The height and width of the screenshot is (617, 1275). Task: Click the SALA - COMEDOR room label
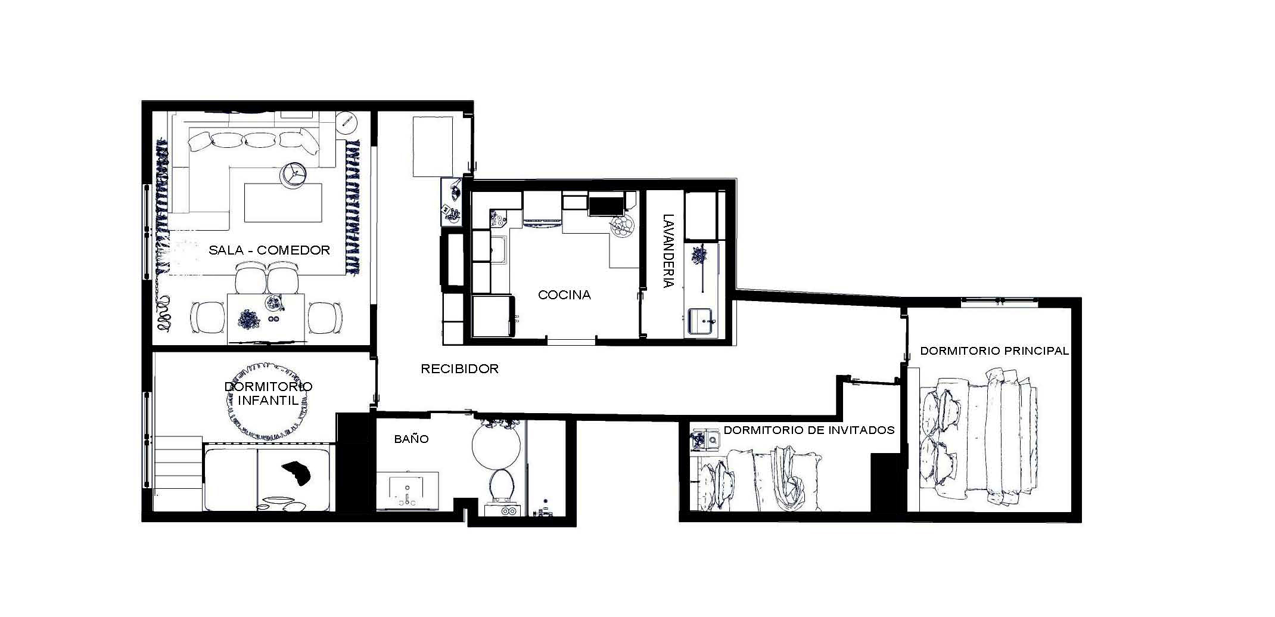coord(269,250)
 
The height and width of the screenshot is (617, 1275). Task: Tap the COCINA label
coord(564,294)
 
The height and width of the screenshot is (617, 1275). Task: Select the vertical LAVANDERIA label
coord(668,251)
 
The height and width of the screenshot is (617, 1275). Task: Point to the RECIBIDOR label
coord(459,369)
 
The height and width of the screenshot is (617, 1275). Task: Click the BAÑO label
coord(411,439)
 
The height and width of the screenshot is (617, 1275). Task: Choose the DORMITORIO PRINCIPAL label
coord(994,351)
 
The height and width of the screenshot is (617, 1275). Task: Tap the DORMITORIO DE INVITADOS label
coord(809,430)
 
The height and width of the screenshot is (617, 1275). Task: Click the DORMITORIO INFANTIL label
coord(268,393)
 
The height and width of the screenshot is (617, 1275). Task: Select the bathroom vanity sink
coord(408,490)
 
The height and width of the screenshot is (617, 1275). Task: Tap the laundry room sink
coord(703,320)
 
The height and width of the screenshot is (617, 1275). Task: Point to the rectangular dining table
coord(266,318)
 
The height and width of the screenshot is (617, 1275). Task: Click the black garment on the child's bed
coord(297,473)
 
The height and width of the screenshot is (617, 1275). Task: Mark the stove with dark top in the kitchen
coord(605,205)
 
